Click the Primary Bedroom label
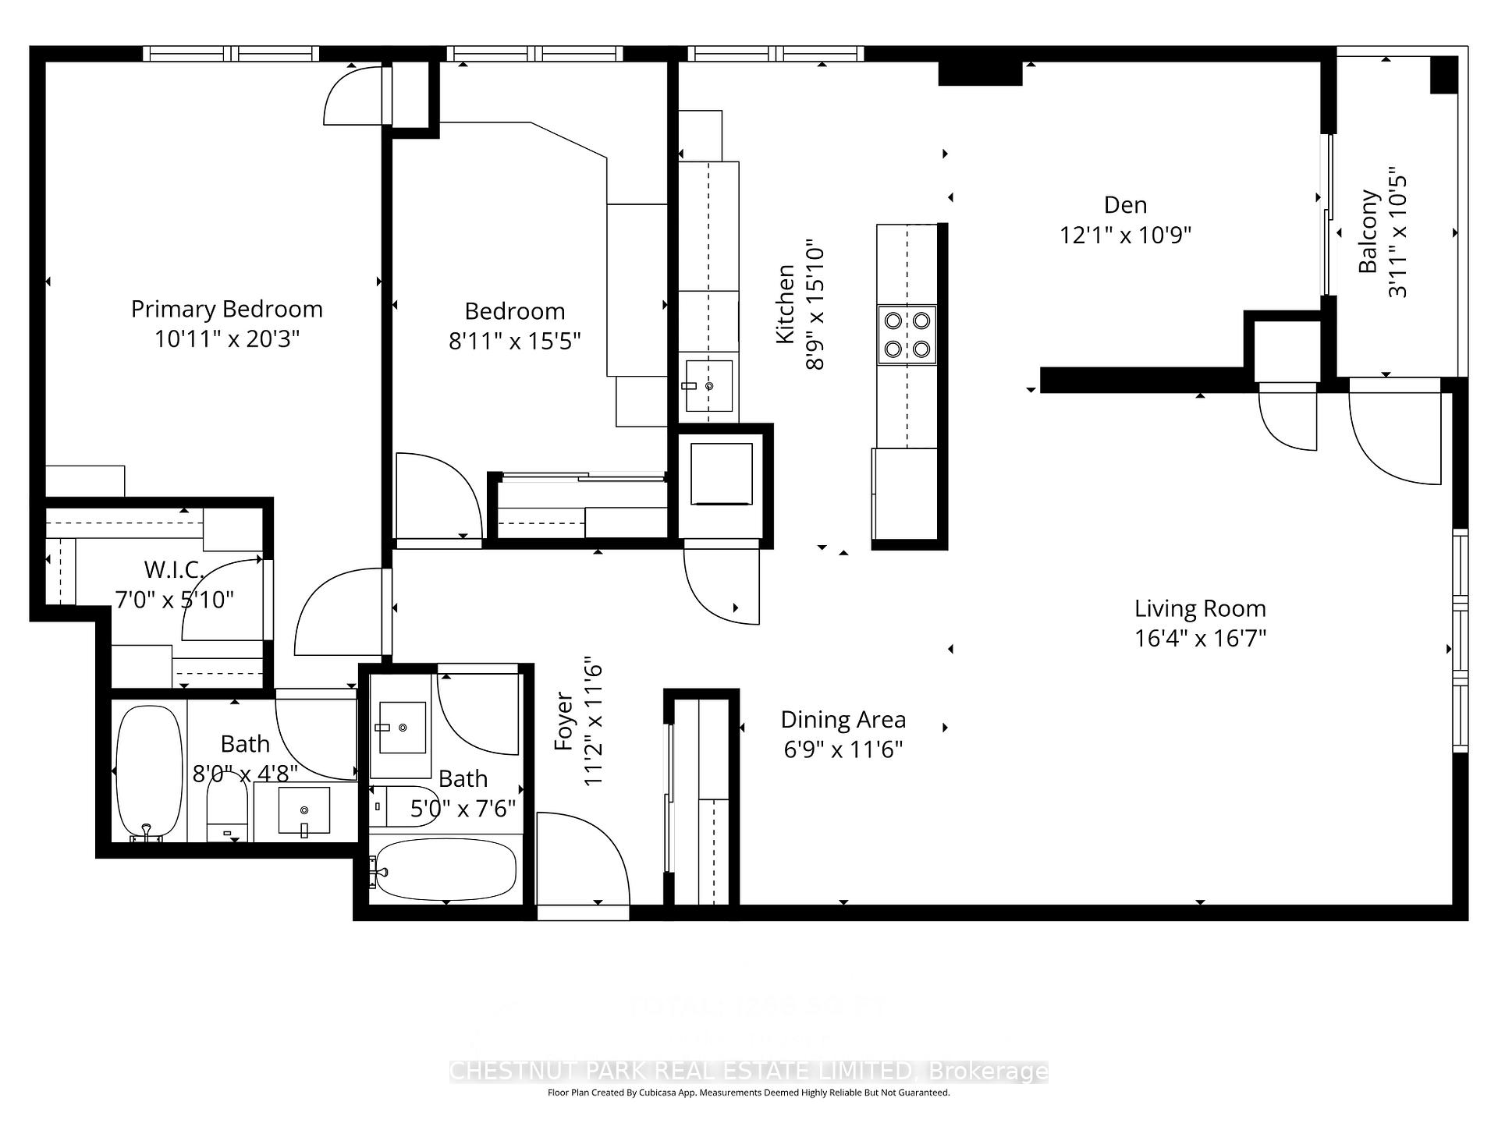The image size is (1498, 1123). click(226, 310)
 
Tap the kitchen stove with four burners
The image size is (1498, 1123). click(907, 335)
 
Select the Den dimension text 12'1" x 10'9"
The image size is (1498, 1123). click(1125, 235)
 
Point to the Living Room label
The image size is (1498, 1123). click(1199, 608)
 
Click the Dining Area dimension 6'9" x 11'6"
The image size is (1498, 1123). click(843, 749)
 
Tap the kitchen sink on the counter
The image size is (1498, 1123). click(708, 385)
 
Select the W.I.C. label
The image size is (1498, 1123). click(173, 569)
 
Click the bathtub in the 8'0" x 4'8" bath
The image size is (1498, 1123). click(149, 772)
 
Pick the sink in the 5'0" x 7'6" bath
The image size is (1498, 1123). click(402, 728)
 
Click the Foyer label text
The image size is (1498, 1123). click(564, 722)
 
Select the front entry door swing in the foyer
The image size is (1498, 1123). click(581, 858)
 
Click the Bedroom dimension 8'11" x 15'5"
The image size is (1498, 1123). click(514, 341)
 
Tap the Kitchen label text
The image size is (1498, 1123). click(785, 304)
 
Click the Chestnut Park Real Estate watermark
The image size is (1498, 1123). click(748, 1072)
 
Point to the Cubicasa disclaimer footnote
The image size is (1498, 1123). click(748, 1093)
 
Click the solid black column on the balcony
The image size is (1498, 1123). click(1443, 75)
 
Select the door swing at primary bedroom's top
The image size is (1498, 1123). click(355, 96)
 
